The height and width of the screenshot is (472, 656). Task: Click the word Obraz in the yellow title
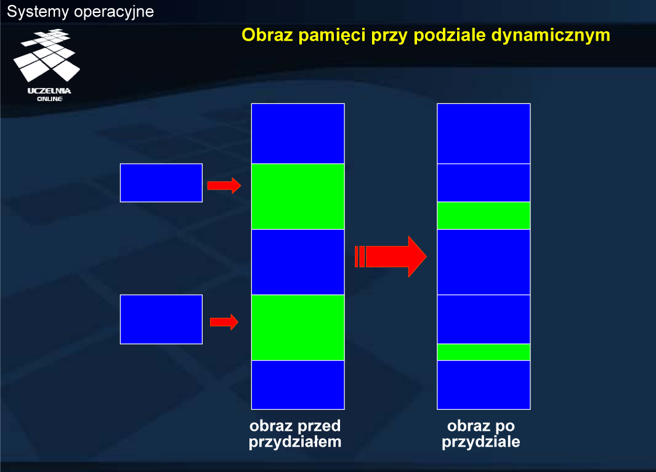(x=267, y=34)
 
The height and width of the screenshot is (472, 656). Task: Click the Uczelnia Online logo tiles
(x=46, y=55)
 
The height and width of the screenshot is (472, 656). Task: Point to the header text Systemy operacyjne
(x=80, y=12)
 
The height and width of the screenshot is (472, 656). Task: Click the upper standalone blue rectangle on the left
(x=161, y=183)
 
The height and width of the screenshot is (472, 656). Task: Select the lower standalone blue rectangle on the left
(x=161, y=319)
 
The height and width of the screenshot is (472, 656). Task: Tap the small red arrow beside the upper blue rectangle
(x=224, y=185)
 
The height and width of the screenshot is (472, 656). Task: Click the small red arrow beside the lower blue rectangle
(x=224, y=322)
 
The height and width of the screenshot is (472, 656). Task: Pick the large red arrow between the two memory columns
(x=391, y=257)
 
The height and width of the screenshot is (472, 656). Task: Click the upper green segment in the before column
(x=298, y=196)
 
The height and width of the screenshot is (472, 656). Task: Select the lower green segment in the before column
(x=298, y=328)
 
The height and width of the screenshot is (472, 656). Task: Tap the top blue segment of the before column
(x=298, y=134)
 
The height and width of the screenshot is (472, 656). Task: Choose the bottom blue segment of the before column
(x=298, y=385)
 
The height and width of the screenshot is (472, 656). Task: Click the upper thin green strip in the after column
(x=484, y=216)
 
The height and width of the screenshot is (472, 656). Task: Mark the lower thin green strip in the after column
(x=484, y=352)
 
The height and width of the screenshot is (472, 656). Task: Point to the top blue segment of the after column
(x=484, y=134)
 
